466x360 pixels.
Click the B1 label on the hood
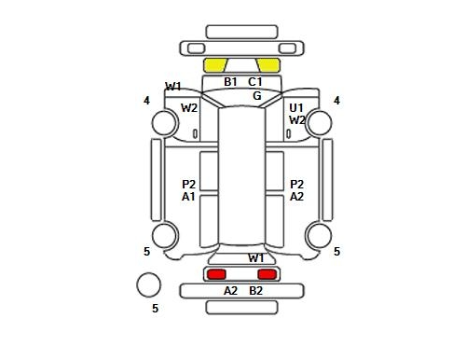pyautogui.click(x=230, y=82)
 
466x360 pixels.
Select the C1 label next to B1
pyautogui.click(x=255, y=82)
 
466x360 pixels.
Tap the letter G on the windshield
pyautogui.click(x=257, y=96)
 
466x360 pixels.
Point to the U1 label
pyautogui.click(x=296, y=108)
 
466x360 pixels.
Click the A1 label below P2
pyautogui.click(x=188, y=197)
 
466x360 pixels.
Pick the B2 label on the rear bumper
pyautogui.click(x=256, y=291)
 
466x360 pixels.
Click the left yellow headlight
pyautogui.click(x=215, y=65)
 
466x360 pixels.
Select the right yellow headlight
pyautogui.click(x=268, y=65)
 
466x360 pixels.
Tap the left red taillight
pyautogui.click(x=216, y=274)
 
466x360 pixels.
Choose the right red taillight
pyautogui.click(x=267, y=274)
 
